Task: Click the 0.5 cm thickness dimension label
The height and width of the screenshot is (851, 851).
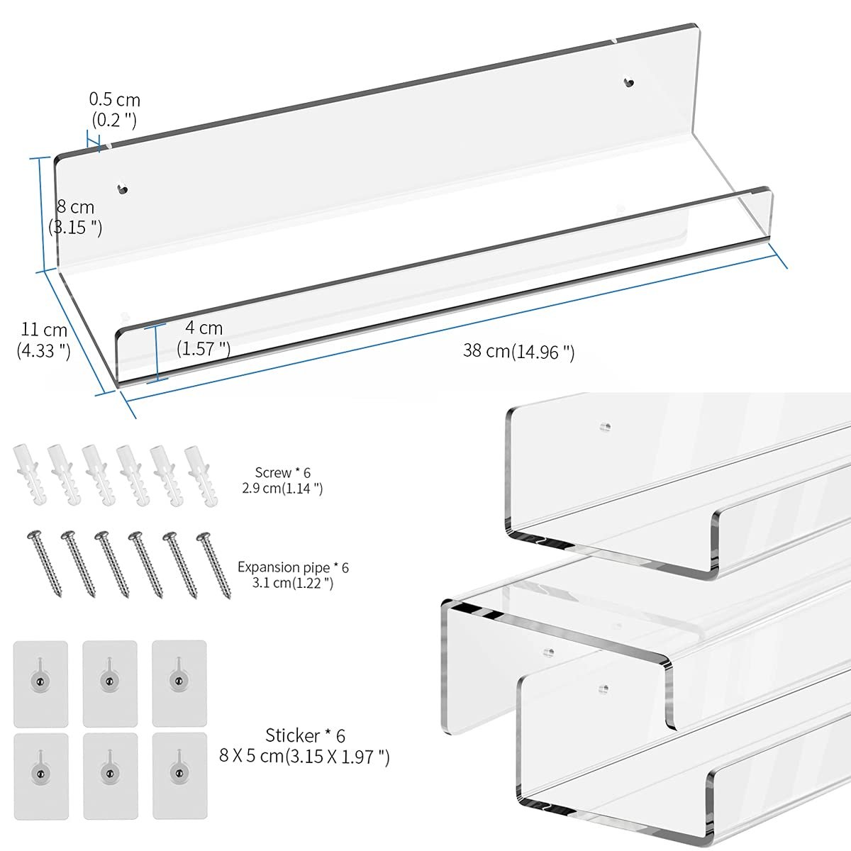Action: pyautogui.click(x=114, y=109)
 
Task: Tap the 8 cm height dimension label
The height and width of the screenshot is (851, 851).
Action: pyautogui.click(x=75, y=217)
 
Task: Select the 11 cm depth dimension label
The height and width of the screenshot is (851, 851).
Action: pyautogui.click(x=44, y=340)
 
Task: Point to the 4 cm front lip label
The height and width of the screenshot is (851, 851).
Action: pyautogui.click(x=204, y=338)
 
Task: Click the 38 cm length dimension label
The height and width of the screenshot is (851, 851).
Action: pyautogui.click(x=519, y=352)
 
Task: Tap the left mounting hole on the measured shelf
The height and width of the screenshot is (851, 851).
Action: pyautogui.click(x=122, y=189)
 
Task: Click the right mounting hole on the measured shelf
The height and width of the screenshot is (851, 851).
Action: pyautogui.click(x=628, y=82)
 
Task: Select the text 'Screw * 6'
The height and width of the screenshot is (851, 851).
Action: pyautogui.click(x=283, y=472)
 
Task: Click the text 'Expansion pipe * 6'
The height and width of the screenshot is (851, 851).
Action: pyautogui.click(x=293, y=567)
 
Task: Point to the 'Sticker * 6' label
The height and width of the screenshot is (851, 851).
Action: pyautogui.click(x=305, y=735)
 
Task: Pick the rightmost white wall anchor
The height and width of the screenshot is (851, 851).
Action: pyautogui.click(x=201, y=476)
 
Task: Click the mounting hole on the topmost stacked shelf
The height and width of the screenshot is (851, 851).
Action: pyautogui.click(x=605, y=427)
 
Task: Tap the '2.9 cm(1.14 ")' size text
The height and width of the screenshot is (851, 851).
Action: pyautogui.click(x=283, y=488)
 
